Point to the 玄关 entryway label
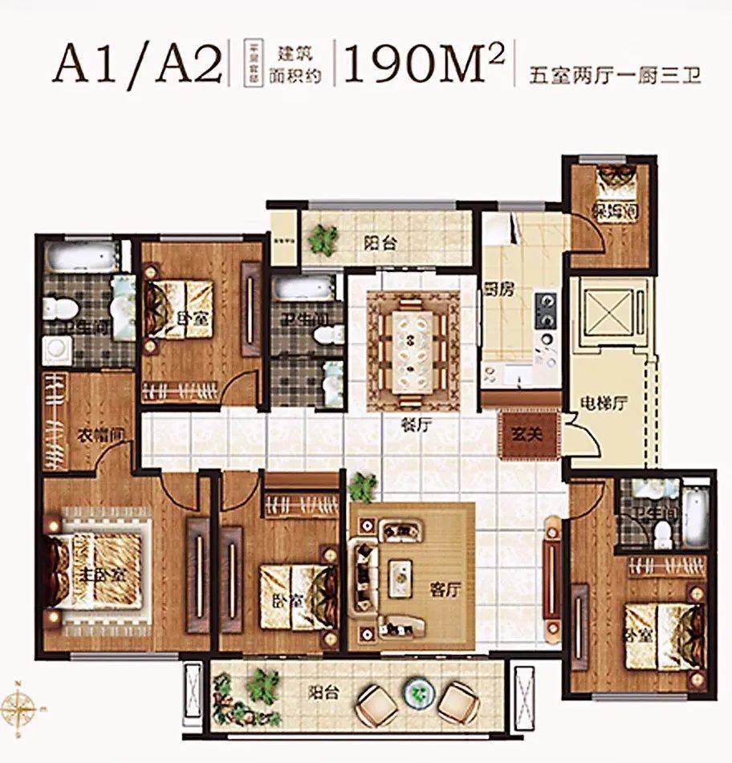pos(528,434)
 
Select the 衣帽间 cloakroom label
pos(93,436)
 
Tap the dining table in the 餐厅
pos(413,350)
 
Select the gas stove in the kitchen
pos(547,310)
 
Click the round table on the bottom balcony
pos(417,692)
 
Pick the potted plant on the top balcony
pos(324,238)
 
